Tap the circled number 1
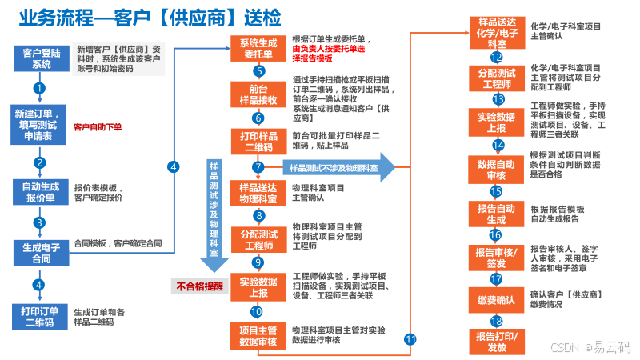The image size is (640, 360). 39,88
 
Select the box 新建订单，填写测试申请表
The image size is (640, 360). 39,124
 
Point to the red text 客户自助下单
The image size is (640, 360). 98,127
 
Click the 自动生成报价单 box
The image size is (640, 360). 39,192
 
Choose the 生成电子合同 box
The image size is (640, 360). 39,253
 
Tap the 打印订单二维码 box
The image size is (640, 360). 39,316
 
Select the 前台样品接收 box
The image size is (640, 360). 258,94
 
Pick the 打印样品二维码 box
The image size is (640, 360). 258,142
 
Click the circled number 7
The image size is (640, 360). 258,167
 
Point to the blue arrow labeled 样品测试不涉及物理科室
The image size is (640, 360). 336,168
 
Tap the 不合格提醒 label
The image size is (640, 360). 198,286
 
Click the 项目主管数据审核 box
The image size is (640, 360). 258,336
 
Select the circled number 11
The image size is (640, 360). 410,339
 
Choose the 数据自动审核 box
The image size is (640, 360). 496,170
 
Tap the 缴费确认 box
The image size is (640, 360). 496,300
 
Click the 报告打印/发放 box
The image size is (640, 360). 496,342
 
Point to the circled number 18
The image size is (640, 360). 496,321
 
